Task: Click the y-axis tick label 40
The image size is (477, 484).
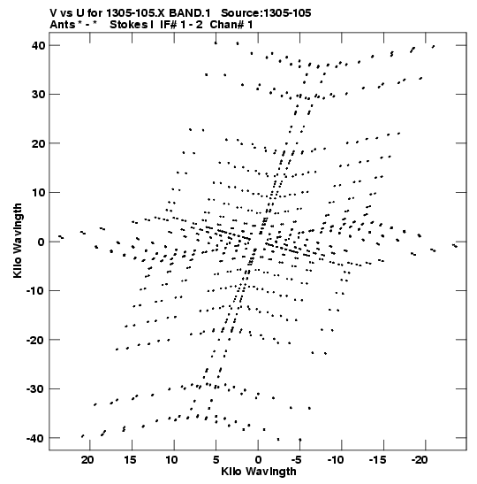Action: coord(38,45)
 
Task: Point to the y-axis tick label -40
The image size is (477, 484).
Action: coord(35,438)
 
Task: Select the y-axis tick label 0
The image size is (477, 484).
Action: coord(42,242)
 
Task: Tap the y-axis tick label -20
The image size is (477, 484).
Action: coord(35,340)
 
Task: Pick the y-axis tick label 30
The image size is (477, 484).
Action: coord(38,94)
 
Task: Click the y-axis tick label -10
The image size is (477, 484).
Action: coord(35,291)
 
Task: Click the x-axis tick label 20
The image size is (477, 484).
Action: coord(87,460)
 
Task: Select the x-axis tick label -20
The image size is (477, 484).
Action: coord(420,460)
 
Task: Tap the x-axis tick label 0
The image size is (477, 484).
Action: coord(258,460)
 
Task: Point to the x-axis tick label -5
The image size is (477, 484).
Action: coord(296,460)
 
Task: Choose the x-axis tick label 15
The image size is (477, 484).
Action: coord(130,460)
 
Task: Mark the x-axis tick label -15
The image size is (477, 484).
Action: coord(377,460)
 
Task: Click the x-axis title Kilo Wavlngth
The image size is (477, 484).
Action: coord(259,472)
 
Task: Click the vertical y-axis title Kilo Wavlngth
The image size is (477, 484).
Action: coord(18,241)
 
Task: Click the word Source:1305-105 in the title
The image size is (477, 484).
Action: coord(266,13)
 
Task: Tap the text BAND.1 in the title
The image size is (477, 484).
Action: coord(190,13)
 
